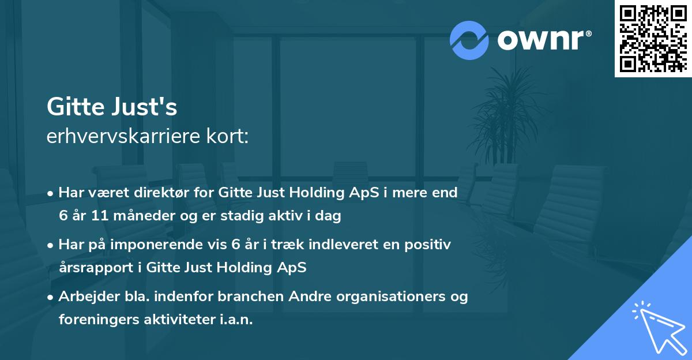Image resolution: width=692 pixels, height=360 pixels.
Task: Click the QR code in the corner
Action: (653, 39)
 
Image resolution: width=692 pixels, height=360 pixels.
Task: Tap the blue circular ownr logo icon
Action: (469, 40)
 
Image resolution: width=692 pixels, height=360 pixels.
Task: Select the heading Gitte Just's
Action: (112, 106)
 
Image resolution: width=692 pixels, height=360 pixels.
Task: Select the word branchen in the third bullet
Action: (243, 297)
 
